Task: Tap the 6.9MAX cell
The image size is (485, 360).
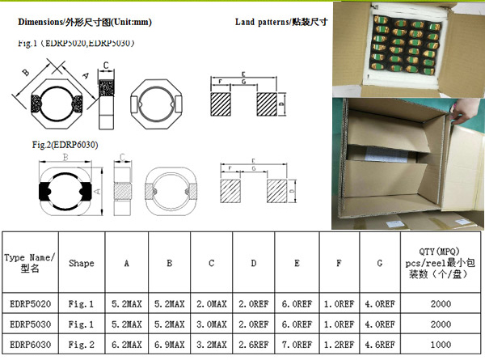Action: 170,344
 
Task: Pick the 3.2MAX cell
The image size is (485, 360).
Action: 212,344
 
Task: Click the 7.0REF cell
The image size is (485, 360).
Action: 297,344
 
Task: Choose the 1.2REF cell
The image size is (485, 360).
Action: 338,344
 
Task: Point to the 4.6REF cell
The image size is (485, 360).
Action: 380,344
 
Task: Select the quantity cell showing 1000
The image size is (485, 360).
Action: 441,344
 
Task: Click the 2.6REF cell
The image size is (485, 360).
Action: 254,344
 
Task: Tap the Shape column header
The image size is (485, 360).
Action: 81,263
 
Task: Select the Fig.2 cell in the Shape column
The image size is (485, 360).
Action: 81,344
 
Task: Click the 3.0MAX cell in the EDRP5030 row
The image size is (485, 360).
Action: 212,324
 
